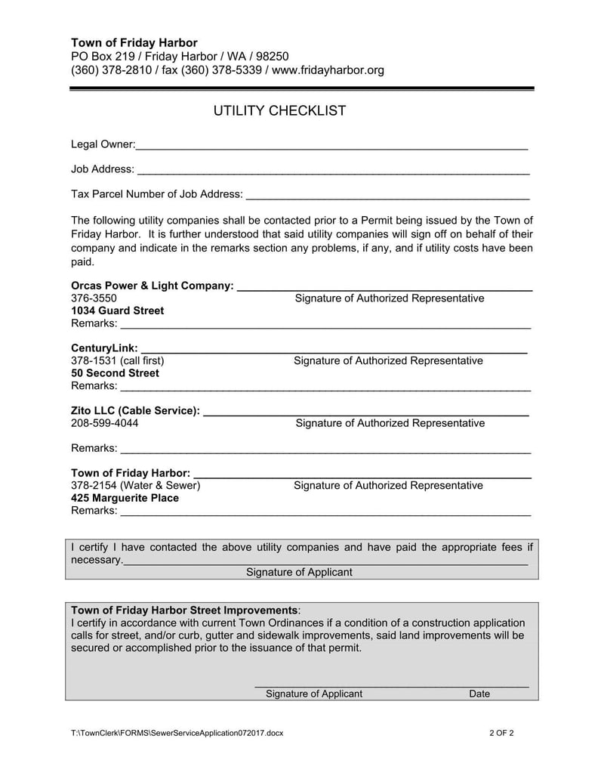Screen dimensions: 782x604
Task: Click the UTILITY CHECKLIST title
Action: [x=279, y=111]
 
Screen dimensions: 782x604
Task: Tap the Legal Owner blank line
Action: [x=331, y=145]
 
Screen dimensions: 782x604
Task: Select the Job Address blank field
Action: [x=333, y=171]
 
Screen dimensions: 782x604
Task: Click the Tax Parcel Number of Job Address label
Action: [x=157, y=194]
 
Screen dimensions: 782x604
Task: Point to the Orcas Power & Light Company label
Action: [x=152, y=286]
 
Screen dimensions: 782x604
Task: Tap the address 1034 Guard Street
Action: [x=117, y=311]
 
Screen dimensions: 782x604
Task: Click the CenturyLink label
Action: [x=104, y=348]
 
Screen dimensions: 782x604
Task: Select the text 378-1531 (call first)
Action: [x=117, y=360]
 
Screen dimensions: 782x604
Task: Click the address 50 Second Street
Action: [x=115, y=372]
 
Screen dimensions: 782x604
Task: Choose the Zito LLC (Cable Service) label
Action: [x=136, y=410]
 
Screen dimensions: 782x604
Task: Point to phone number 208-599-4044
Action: [x=104, y=423]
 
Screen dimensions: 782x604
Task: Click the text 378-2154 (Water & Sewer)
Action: [x=136, y=485]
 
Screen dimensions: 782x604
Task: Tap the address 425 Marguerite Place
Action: [x=125, y=498]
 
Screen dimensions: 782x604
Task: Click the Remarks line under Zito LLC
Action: [x=325, y=450]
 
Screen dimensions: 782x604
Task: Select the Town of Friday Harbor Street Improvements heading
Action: [x=184, y=610]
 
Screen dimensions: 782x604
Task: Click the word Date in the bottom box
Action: [x=479, y=694]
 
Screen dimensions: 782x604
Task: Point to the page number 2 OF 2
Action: [x=501, y=733]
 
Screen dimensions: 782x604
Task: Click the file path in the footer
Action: [x=177, y=733]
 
